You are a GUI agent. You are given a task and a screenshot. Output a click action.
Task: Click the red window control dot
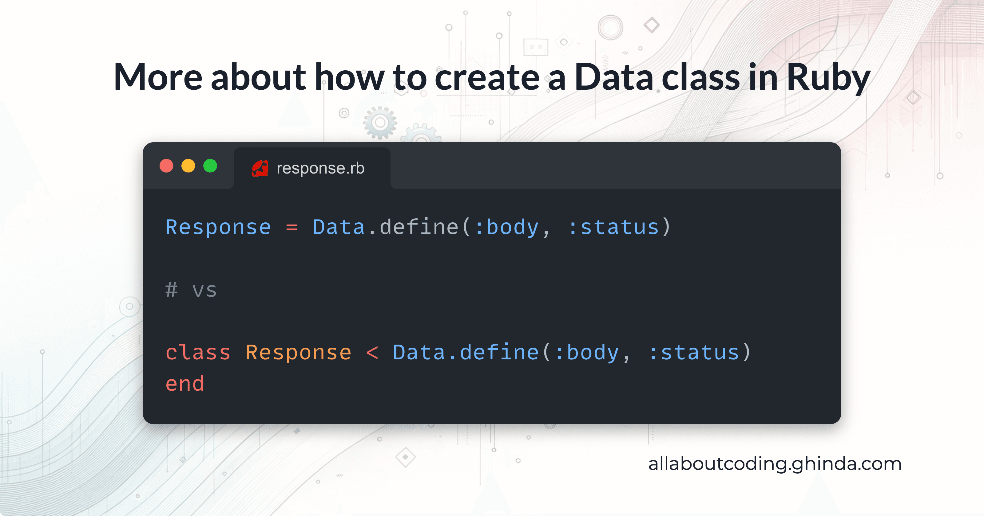166,166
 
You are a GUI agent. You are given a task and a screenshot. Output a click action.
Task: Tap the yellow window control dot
188,166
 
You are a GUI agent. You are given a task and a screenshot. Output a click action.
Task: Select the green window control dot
210,166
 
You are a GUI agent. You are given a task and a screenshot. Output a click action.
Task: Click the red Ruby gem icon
260,168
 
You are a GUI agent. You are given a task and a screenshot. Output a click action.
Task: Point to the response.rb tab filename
320,168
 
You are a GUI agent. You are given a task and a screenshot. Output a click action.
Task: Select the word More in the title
158,77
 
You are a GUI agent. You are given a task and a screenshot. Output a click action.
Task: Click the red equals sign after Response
292,228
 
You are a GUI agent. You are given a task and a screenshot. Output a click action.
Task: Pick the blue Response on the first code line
218,228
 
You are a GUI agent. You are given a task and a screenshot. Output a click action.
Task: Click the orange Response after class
298,352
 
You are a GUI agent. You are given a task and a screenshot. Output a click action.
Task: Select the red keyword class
198,352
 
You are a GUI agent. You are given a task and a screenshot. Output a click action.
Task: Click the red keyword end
184,384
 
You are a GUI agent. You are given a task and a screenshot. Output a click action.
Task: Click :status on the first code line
613,228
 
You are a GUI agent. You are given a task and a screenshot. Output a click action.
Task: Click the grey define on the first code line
419,228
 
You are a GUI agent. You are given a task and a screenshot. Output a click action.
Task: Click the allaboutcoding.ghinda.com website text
775,464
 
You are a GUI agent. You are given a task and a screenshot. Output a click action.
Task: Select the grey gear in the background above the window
380,123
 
